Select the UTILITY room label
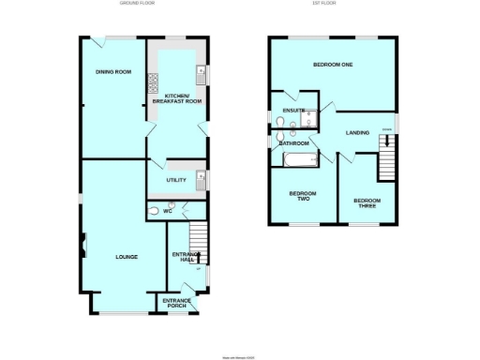coord(175,180)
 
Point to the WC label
coord(168,212)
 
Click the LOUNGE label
coord(127,257)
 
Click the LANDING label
coord(357,133)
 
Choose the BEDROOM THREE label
coord(366,202)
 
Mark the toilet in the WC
coord(154,211)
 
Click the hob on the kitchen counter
coord(152,83)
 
